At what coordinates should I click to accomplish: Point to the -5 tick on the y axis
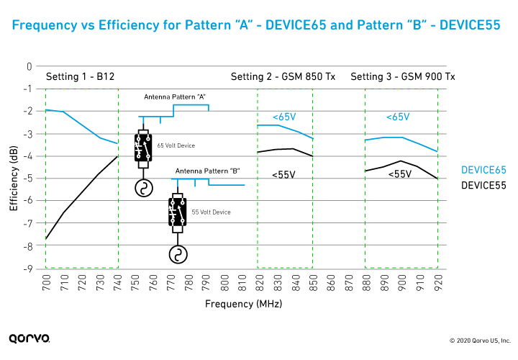[28, 179]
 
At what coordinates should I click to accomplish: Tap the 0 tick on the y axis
[29, 66]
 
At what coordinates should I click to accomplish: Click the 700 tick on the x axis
[47, 285]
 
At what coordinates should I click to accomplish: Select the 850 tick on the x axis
[313, 285]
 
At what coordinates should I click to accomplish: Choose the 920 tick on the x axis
[437, 285]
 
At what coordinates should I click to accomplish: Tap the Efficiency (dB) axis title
[14, 167]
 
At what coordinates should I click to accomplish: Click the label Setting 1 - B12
[80, 77]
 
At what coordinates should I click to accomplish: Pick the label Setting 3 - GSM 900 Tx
[402, 77]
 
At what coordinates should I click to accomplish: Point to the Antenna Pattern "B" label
[207, 171]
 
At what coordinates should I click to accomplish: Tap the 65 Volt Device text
[176, 145]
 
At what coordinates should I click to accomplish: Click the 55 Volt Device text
[211, 212]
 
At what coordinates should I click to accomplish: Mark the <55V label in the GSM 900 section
[399, 174]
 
